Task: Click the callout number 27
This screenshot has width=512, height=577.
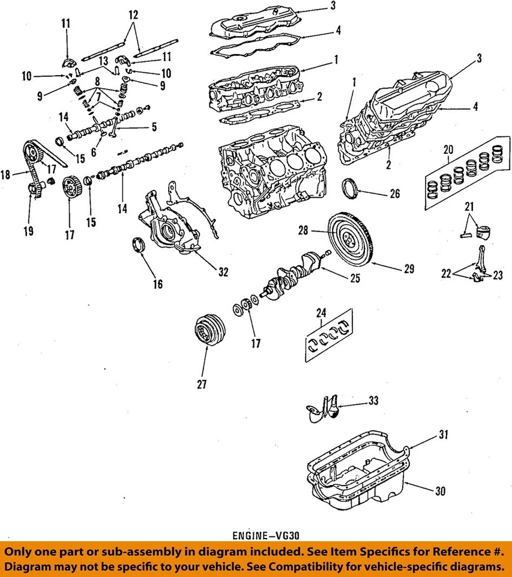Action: (x=202, y=385)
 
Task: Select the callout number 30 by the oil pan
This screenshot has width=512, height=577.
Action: (x=441, y=491)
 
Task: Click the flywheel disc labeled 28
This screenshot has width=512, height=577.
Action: (x=350, y=236)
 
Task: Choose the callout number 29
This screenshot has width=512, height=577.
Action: (x=408, y=269)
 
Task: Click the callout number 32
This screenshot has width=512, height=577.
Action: (x=223, y=272)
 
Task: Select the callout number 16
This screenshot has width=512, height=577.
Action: (x=157, y=284)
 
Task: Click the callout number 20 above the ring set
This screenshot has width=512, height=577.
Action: (x=448, y=149)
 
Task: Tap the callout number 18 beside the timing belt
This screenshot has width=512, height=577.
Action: (x=7, y=175)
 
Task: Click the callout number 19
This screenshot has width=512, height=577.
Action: (x=29, y=230)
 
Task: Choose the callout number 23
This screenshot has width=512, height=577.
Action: (x=497, y=276)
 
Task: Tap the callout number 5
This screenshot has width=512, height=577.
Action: (x=154, y=127)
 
